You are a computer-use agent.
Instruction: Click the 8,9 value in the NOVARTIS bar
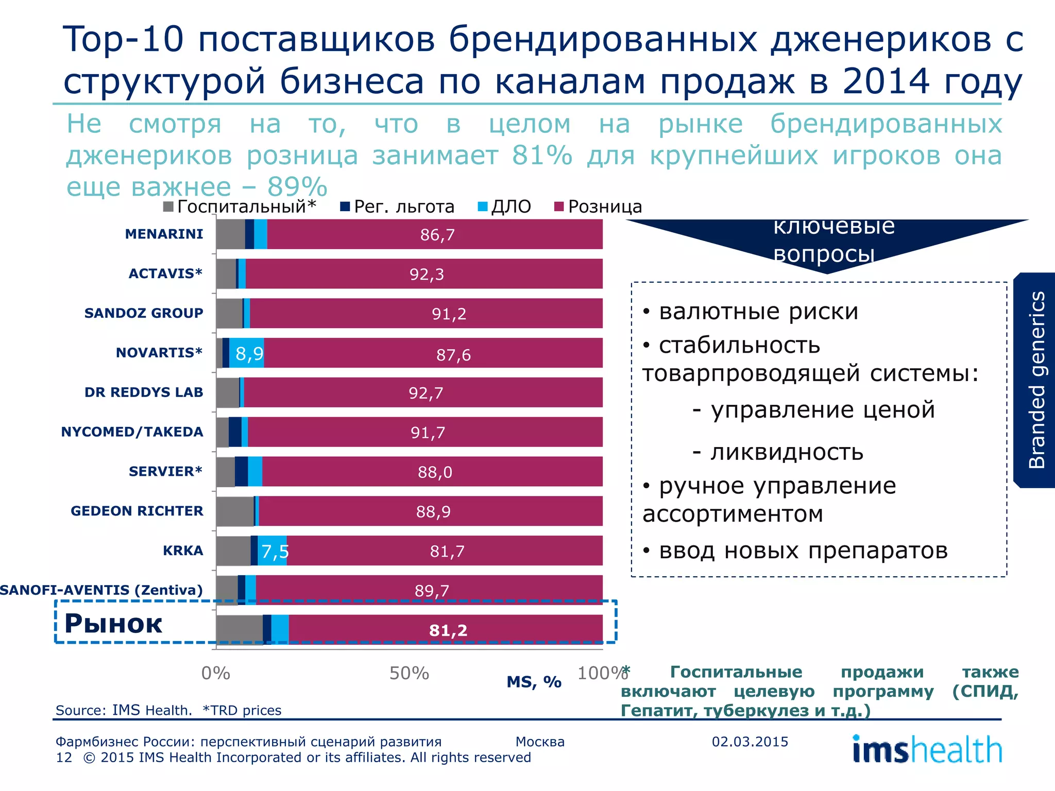point(249,354)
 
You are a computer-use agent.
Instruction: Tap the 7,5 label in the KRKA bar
point(275,552)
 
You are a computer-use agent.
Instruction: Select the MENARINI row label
point(164,234)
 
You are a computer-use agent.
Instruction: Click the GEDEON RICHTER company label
point(137,511)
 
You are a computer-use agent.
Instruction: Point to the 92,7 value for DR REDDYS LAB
point(426,393)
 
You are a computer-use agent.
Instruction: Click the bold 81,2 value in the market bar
point(448,630)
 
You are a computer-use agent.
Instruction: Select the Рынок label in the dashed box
point(113,623)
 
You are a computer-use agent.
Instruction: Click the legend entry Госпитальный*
point(240,207)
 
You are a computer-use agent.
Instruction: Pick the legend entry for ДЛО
point(505,207)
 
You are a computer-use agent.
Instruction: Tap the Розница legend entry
point(599,207)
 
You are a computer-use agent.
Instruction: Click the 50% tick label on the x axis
point(409,673)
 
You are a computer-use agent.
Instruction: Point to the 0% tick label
point(216,673)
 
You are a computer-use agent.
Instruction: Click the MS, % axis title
point(534,682)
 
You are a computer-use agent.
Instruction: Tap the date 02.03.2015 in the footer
point(750,742)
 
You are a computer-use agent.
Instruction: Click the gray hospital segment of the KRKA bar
point(233,551)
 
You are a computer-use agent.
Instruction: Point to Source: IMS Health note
point(124,710)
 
